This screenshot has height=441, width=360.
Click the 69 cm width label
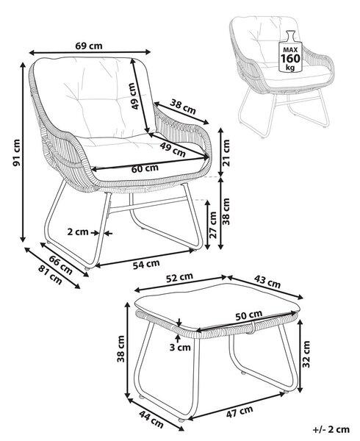pos(89,46)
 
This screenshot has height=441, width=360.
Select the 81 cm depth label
pos(50,275)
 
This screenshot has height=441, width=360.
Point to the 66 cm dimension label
pos(61,265)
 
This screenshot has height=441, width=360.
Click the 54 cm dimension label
pos(146,264)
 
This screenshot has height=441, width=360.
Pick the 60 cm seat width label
pos(145,168)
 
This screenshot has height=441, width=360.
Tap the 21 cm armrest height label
pos(226,152)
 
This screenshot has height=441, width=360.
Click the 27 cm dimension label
pos(213,225)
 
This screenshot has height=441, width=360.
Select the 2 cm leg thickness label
pos(78,232)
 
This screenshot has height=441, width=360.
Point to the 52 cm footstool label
pos(179,277)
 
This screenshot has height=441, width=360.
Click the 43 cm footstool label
pos(267,282)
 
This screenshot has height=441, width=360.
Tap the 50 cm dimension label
pos(249,315)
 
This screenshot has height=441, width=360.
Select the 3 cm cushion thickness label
pos(180,348)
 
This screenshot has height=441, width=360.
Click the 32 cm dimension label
pos(306,354)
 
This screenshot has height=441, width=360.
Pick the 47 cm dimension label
pos(240,412)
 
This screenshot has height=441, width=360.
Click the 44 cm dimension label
pos(151,419)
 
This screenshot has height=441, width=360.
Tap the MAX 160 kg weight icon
pos(291,51)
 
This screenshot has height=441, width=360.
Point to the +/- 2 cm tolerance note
pos(331,430)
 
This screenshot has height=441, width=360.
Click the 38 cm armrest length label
pos(183,107)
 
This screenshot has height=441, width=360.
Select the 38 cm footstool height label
pos(121,348)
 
